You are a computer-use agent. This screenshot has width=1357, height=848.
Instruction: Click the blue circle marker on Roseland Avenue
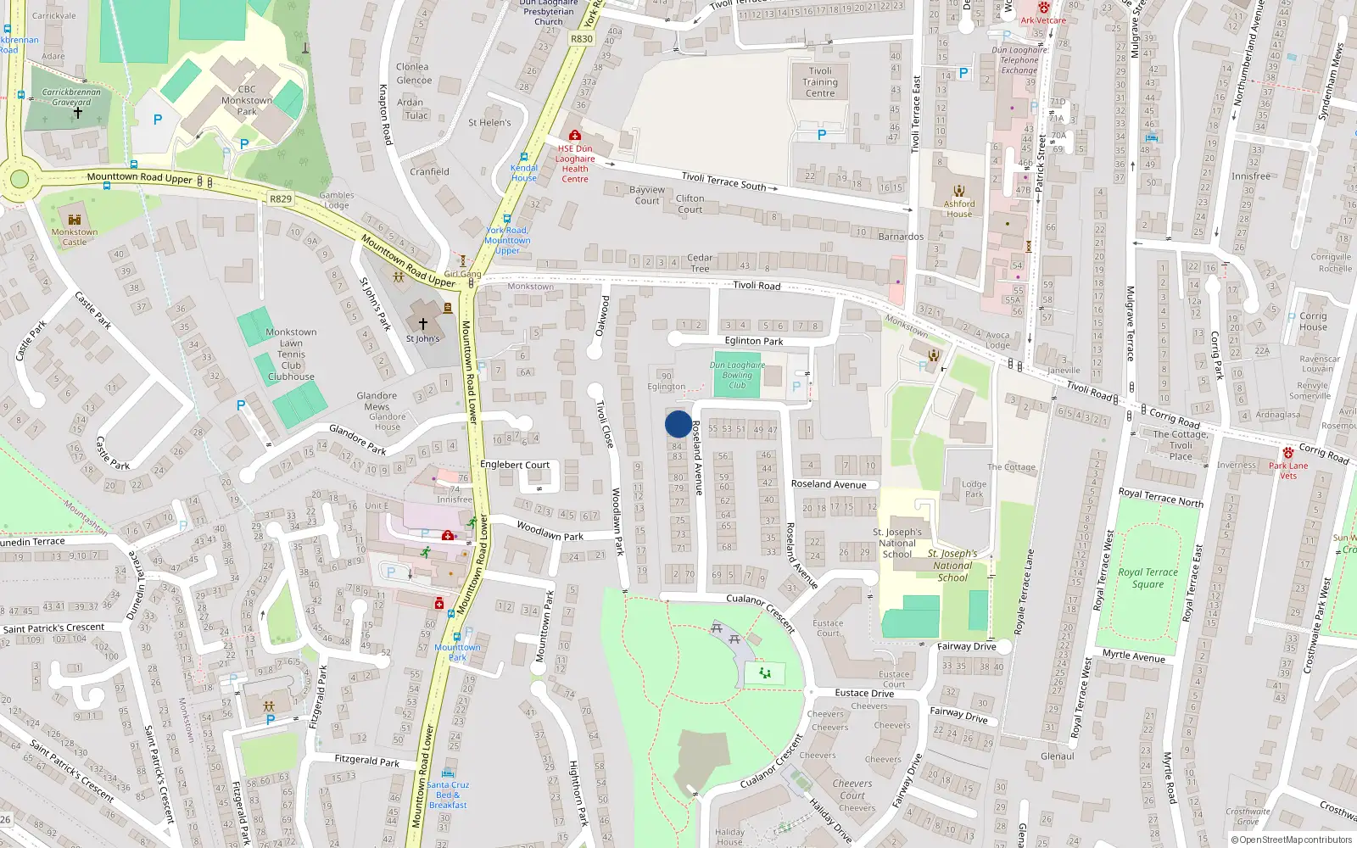click(x=678, y=424)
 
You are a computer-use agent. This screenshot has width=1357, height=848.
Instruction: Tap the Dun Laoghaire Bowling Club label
click(x=737, y=375)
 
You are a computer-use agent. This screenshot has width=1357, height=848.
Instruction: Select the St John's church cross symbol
click(x=422, y=324)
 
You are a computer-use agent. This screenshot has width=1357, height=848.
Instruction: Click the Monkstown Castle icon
click(x=74, y=220)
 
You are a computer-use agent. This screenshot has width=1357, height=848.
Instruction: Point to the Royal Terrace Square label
click(x=1148, y=577)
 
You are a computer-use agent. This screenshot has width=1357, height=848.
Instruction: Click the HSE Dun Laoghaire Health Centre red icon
click(x=575, y=136)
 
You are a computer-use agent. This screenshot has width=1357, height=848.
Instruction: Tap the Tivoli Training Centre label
click(x=820, y=82)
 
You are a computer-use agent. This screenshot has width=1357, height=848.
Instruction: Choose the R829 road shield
click(x=281, y=198)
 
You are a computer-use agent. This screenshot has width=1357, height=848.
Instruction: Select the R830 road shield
click(x=582, y=39)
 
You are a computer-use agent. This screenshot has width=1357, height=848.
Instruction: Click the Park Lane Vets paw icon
click(x=1288, y=453)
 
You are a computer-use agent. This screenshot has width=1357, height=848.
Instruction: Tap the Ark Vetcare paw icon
click(x=1044, y=8)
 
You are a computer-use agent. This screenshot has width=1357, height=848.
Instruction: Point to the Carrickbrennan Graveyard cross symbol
click(x=77, y=113)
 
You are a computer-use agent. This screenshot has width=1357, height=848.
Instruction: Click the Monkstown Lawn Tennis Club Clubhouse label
click(x=291, y=354)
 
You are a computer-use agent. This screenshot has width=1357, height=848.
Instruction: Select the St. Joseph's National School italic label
click(x=952, y=566)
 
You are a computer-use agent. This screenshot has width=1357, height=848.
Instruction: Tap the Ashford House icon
click(x=959, y=191)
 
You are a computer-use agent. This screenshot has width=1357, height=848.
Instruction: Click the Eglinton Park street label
click(x=753, y=341)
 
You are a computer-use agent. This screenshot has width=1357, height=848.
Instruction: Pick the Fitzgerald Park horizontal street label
click(x=366, y=761)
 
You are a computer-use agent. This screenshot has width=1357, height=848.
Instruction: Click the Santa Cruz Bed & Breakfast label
click(x=447, y=795)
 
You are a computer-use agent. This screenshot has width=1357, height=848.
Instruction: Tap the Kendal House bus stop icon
click(x=524, y=157)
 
